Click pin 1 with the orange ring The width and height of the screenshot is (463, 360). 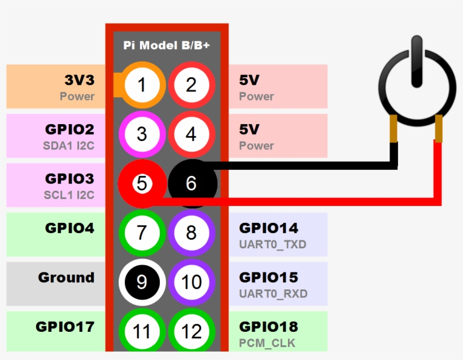(141, 85)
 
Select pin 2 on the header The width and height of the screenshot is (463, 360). (191, 85)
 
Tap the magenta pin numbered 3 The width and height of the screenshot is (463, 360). (141, 134)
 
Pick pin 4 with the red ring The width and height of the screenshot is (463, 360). (191, 134)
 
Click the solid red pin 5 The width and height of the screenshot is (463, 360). (141, 183)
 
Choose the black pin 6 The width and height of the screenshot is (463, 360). (191, 183)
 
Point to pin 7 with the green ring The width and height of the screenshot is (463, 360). (141, 232)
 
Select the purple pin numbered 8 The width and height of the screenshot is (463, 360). (191, 232)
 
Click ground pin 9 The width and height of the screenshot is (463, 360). (141, 282)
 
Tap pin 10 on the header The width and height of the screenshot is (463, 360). (191, 282)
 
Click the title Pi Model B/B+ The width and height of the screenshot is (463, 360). (167, 45)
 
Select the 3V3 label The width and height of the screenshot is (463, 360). (79, 80)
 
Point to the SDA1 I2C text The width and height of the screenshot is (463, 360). (69, 146)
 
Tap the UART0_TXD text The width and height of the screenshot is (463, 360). (273, 244)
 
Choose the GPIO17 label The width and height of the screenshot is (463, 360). (65, 327)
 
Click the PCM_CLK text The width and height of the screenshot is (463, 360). (267, 343)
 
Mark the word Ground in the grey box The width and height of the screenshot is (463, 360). (66, 278)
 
